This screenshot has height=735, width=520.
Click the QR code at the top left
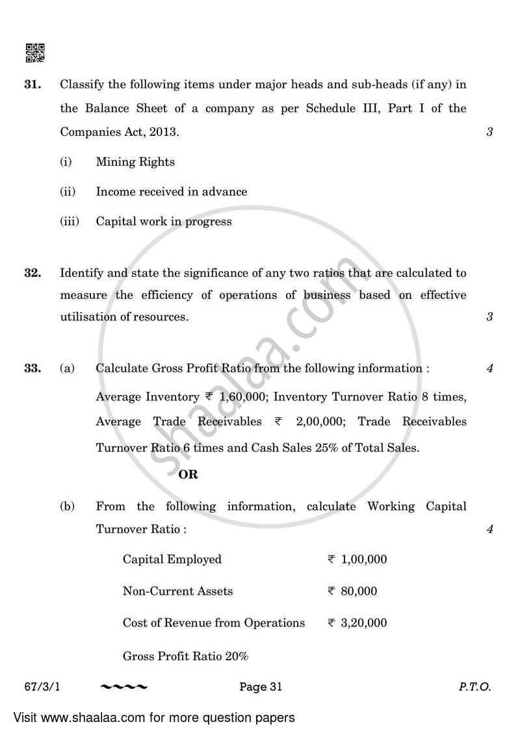pyautogui.click(x=34, y=53)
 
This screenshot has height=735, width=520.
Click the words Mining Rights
pyautogui.click(x=135, y=162)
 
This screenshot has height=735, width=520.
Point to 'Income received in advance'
pyautogui.click(x=172, y=192)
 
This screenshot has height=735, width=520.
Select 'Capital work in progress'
pyautogui.click(x=164, y=222)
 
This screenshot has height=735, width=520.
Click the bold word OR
pyautogui.click(x=188, y=474)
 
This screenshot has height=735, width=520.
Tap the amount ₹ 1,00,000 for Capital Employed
pyautogui.click(x=357, y=560)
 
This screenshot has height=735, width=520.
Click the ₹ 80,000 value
pyautogui.click(x=352, y=591)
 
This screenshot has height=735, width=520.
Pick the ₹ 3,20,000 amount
pyautogui.click(x=357, y=623)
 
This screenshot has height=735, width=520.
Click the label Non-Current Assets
pyautogui.click(x=177, y=591)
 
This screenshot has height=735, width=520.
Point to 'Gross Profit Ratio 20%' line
pyautogui.click(x=185, y=656)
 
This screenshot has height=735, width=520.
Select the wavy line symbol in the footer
pyautogui.click(x=125, y=686)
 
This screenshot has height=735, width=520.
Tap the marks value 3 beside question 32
pyautogui.click(x=489, y=317)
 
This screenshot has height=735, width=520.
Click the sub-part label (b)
pyautogui.click(x=67, y=506)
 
